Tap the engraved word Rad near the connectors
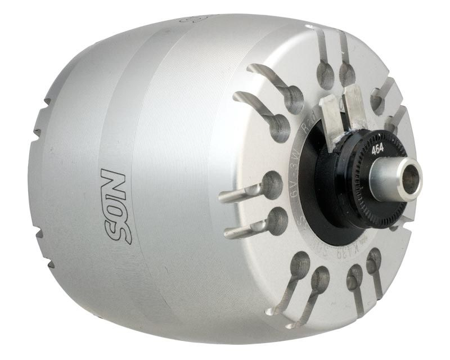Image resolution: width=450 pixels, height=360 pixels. point(304,130)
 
